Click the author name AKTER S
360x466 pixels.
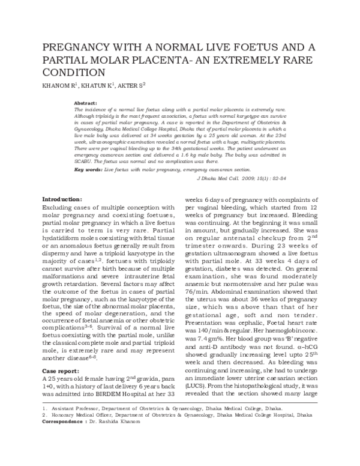(131, 85)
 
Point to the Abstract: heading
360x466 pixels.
(86, 103)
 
